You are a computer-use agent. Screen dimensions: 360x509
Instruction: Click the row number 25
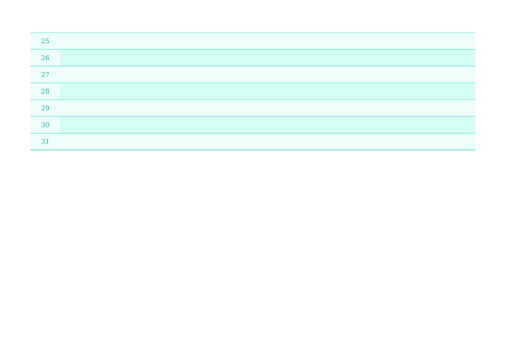45,41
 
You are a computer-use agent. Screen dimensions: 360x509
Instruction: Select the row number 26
45,58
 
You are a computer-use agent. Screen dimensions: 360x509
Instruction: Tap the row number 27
45,74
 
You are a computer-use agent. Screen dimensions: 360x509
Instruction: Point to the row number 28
45,92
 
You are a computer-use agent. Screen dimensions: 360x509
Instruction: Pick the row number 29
45,108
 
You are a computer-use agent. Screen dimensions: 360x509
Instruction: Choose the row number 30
45,125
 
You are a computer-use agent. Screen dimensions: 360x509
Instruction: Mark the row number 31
45,141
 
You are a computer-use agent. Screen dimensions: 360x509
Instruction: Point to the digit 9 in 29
47,108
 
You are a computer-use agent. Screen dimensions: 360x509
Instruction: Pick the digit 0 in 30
47,125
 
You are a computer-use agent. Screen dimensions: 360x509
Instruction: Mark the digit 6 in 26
47,58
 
